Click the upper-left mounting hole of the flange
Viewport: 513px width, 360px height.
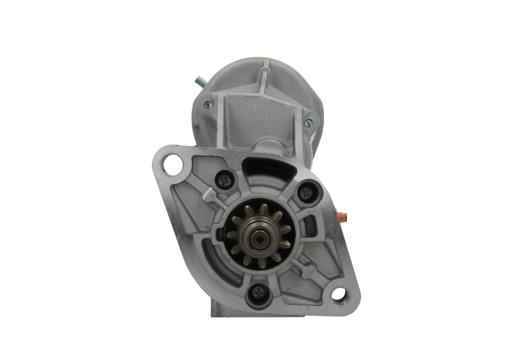click(172, 164)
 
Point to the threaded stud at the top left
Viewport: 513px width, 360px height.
click(199, 82)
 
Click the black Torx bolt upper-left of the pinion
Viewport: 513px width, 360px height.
click(224, 181)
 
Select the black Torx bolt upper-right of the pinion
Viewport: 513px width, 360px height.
click(307, 191)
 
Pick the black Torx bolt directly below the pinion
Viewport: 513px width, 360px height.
click(258, 292)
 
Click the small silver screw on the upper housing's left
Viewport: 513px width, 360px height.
click(207, 105)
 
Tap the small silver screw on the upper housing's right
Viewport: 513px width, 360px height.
click(308, 122)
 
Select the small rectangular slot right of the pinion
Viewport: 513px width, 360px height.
click(311, 225)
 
